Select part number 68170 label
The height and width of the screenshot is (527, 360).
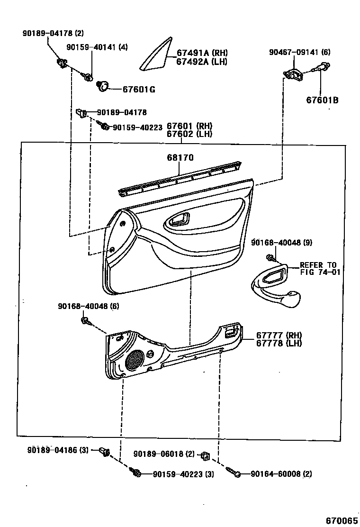180,157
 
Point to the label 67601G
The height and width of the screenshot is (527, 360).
139,89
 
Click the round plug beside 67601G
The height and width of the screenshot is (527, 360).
101,86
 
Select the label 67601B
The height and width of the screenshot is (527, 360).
322,100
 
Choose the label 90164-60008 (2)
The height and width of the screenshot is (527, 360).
281,473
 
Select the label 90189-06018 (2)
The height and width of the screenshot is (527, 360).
164,454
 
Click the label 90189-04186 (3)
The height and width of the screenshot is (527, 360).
58,450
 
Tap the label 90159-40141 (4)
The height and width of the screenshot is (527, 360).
97,47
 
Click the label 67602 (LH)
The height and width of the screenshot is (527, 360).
189,134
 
